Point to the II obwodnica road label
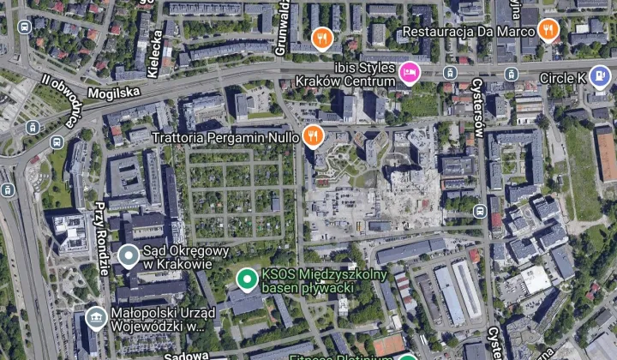[63, 98]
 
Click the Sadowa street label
[184, 353]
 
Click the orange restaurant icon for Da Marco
[549, 32]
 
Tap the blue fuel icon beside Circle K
[601, 76]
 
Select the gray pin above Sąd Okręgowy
[129, 255]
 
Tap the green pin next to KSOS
[247, 279]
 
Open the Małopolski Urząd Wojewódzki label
[159, 320]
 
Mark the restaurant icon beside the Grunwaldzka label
[321, 38]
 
